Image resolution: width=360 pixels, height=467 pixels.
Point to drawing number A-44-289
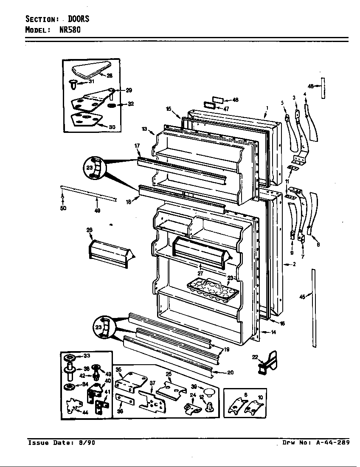333,442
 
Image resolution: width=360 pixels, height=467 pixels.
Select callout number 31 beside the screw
91,82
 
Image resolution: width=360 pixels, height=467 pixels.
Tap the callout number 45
302,297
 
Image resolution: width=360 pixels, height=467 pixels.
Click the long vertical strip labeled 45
314,308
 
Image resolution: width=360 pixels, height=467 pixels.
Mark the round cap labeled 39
208,391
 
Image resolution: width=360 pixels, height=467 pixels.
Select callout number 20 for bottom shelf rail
230,372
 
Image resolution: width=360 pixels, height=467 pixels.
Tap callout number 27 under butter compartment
200,274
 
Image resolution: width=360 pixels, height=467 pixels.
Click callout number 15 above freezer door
169,109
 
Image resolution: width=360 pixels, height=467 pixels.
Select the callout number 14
273,332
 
